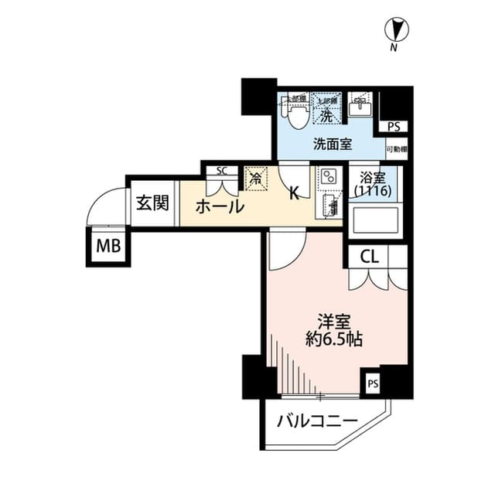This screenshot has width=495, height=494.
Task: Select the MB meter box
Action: point(108,247)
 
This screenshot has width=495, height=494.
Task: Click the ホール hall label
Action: point(220,207)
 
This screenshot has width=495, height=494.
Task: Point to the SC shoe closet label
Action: point(221,171)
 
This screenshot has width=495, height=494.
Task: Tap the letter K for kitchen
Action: point(294,194)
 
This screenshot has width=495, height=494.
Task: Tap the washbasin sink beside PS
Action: point(360,107)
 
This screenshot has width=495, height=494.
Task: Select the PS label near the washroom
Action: point(394,127)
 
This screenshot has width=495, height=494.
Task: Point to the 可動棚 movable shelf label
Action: point(396,148)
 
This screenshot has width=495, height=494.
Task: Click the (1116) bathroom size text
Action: point(372,190)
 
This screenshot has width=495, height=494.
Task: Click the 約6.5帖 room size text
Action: point(334,339)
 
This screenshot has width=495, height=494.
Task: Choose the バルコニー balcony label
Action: point(316,421)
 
